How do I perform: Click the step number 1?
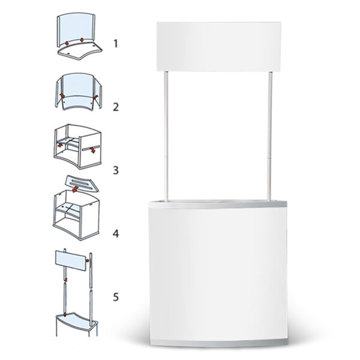coord(116,44)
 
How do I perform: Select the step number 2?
coord(116,107)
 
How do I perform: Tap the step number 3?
coord(116,170)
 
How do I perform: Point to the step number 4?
coord(116,234)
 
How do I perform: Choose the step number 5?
coord(116,297)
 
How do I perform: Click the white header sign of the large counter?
coord(218,47)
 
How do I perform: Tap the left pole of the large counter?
coord(166,136)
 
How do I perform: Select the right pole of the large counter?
coord(270,136)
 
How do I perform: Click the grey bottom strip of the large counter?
coord(219,343)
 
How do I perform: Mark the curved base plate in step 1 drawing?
coord(80,52)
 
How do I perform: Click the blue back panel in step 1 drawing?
coord(76,29)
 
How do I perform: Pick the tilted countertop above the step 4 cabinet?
coord(82,183)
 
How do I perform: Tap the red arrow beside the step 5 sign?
coord(87,260)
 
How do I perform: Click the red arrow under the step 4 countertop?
coord(75,189)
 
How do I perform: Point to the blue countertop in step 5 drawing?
coord(76,320)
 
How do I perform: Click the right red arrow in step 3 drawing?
coord(93,149)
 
